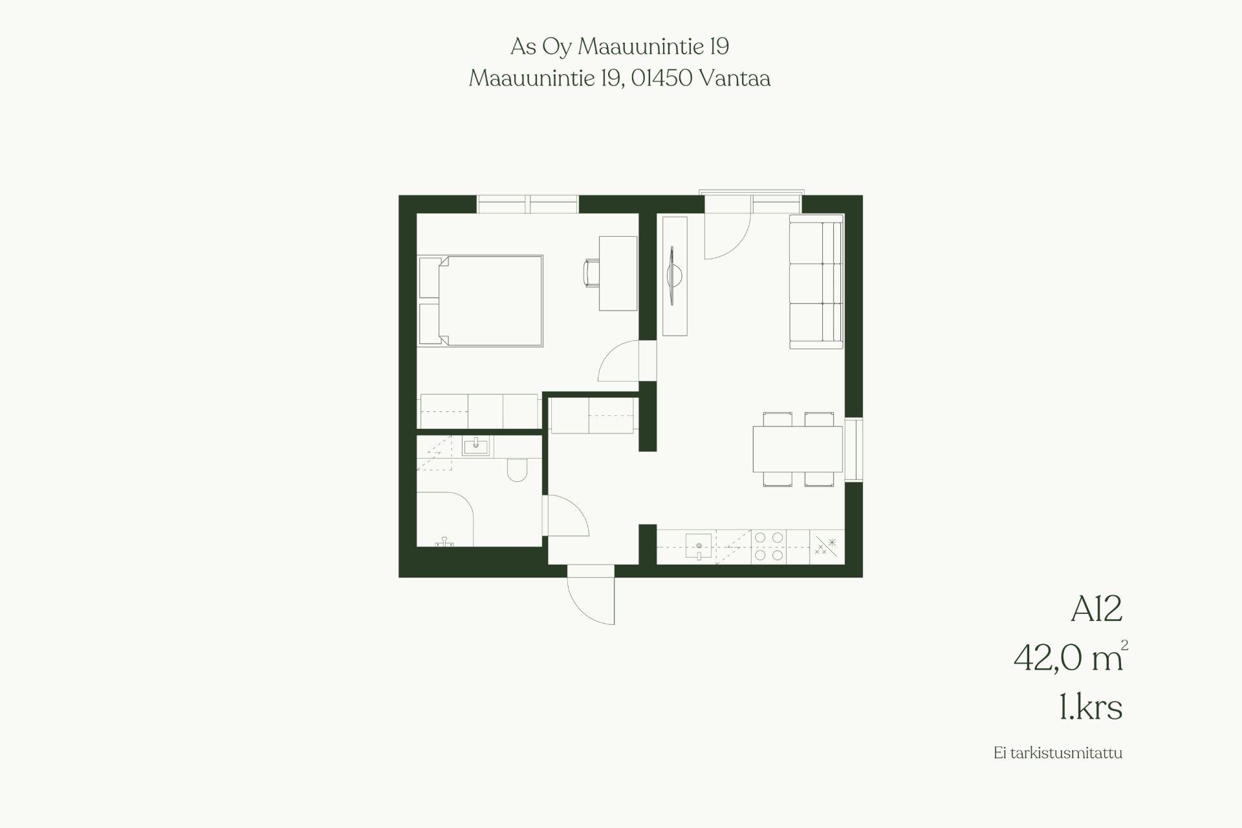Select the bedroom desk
click(x=618, y=273)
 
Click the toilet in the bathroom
click(x=517, y=470)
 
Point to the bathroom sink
click(x=477, y=446)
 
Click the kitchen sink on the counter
click(x=699, y=547)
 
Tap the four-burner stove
click(x=768, y=546)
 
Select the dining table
click(x=798, y=448)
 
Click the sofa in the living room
click(x=816, y=281)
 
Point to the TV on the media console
click(x=674, y=276)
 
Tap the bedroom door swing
click(x=618, y=362)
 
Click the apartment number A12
click(x=1096, y=609)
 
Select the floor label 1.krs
click(x=1091, y=707)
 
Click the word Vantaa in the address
click(x=735, y=78)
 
